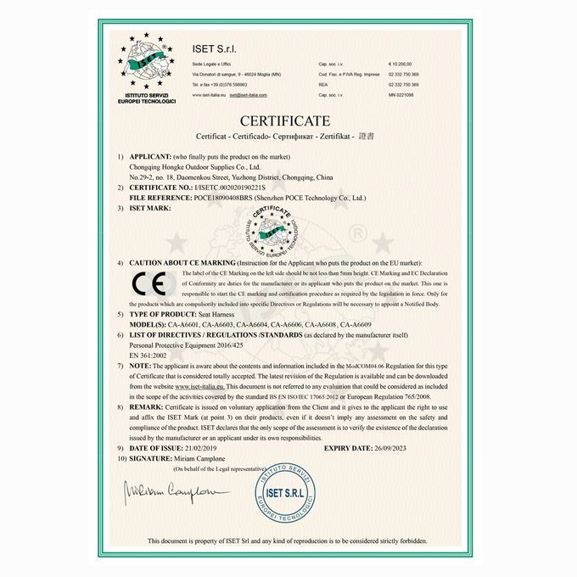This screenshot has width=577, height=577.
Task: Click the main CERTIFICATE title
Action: click(284, 120)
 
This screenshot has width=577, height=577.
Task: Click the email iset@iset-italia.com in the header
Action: click(249, 95)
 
